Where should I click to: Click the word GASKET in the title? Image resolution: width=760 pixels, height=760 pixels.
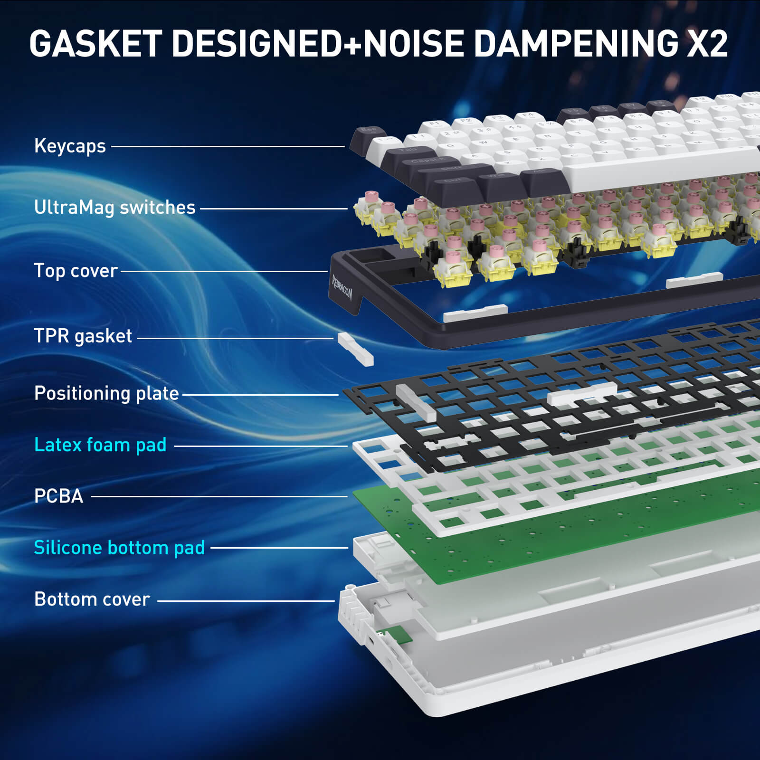[95, 44]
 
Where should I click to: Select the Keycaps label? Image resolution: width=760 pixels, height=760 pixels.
[70, 146]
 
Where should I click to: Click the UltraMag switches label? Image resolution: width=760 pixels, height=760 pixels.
[114, 208]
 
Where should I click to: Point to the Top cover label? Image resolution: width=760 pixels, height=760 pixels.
[76, 271]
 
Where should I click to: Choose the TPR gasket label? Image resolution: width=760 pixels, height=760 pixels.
[83, 336]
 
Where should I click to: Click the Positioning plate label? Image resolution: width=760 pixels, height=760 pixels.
[106, 393]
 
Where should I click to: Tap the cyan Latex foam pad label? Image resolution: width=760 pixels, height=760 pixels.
[100, 445]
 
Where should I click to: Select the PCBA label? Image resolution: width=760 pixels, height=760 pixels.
[58, 496]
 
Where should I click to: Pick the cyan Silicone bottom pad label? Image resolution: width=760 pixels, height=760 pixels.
[119, 548]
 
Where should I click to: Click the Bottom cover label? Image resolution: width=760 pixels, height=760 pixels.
[92, 599]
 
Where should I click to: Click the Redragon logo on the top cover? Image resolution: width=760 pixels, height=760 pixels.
[342, 287]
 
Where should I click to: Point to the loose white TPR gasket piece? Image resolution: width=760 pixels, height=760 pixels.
[355, 349]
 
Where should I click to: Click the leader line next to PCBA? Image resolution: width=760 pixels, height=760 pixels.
[218, 497]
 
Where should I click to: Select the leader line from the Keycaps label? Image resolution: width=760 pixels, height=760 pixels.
[228, 146]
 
